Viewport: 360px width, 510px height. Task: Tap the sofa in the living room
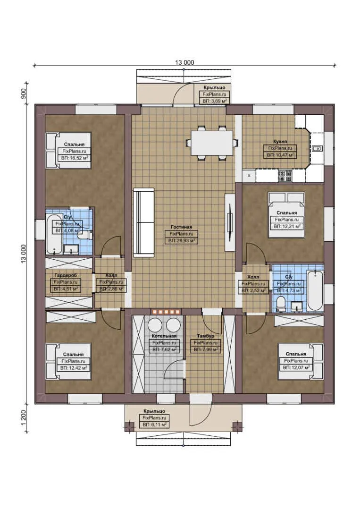pos(143,222)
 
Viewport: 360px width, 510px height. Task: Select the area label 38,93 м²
pos(182,240)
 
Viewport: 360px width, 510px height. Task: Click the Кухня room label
pos(280,141)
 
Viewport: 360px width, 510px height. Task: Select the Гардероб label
pos(65,275)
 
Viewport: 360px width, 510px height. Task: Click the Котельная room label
pos(164,336)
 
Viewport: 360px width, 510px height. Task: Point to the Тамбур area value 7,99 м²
pos(206,350)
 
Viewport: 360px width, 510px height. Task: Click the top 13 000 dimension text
pos(185,62)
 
